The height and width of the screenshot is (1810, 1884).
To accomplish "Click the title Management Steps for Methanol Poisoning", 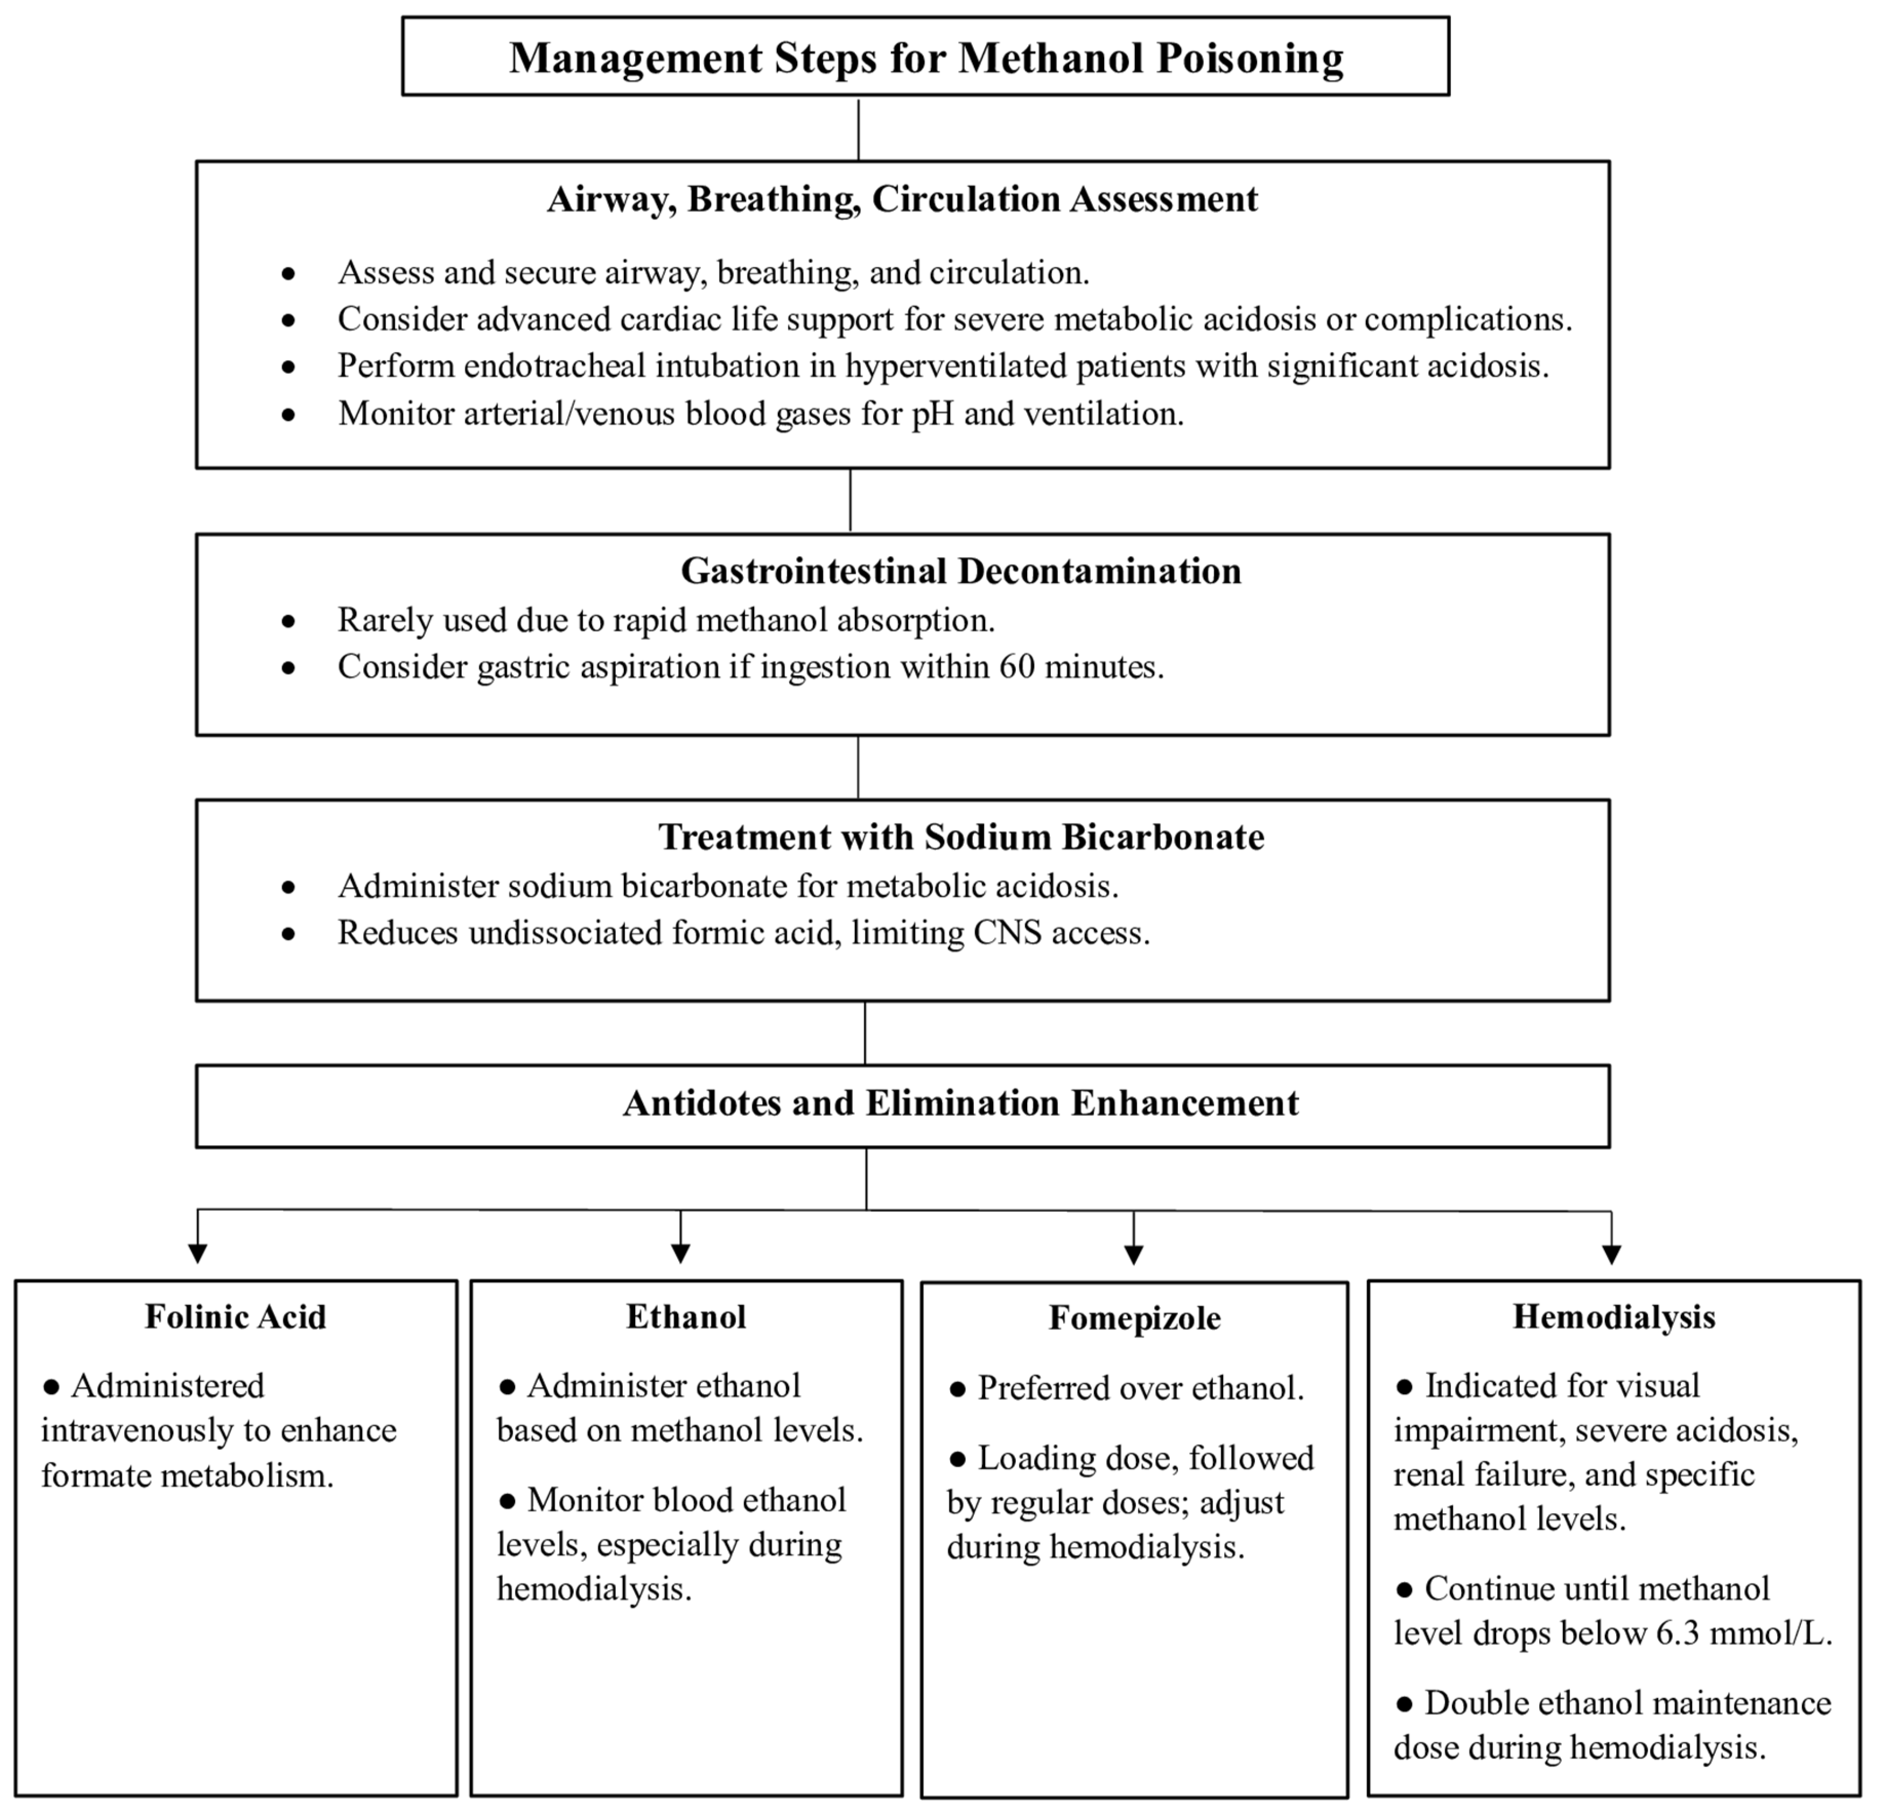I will click(x=926, y=57).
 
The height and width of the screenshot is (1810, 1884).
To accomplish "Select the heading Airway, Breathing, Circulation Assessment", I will click(x=902, y=199).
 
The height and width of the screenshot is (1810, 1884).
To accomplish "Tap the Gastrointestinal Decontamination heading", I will click(x=960, y=571).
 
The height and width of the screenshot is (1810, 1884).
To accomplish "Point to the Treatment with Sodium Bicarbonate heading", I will click(x=960, y=837).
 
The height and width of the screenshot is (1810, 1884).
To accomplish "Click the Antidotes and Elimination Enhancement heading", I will click(x=960, y=1103).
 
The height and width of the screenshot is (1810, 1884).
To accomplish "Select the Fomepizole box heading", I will click(x=1134, y=1318).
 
